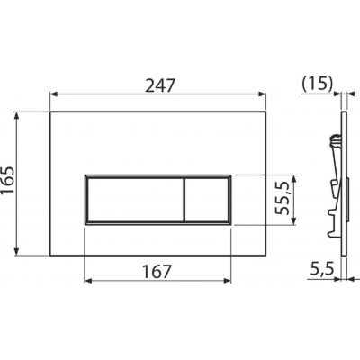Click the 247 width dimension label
[159, 86]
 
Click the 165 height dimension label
[7, 180]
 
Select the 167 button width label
[157, 272]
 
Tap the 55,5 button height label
[283, 198]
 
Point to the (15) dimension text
[318, 85]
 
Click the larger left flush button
[135, 200]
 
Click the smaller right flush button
[206, 200]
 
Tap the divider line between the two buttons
[184, 200]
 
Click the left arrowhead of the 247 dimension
[54, 94]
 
